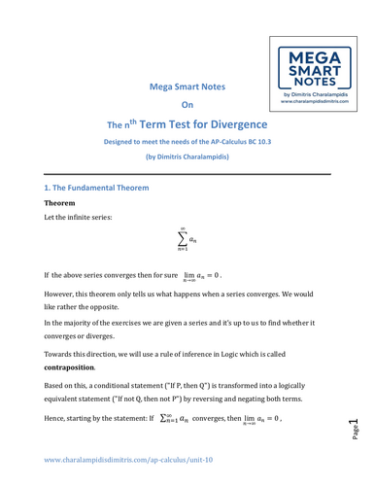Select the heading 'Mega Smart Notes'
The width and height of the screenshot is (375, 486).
tap(186, 87)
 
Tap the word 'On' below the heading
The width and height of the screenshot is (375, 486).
tap(187, 105)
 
